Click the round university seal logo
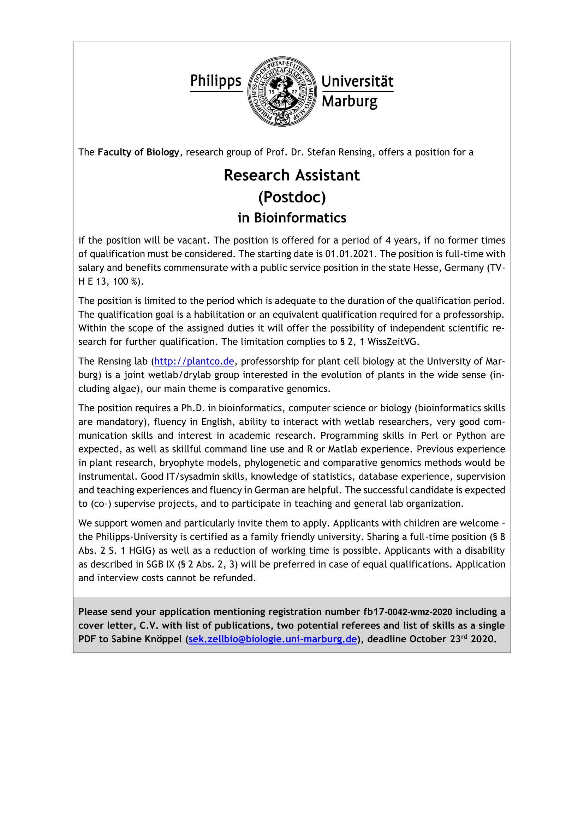pos(283,92)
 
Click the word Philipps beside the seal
pos(216,81)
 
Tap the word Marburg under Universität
pos(350,101)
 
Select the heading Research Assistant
pos(292,175)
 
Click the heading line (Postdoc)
pos(292,197)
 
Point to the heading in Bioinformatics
pos(292,218)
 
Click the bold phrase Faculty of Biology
pos(138,152)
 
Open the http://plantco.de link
pos(194,361)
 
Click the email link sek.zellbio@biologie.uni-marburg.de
pos(273,639)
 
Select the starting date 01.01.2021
pos(349,254)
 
